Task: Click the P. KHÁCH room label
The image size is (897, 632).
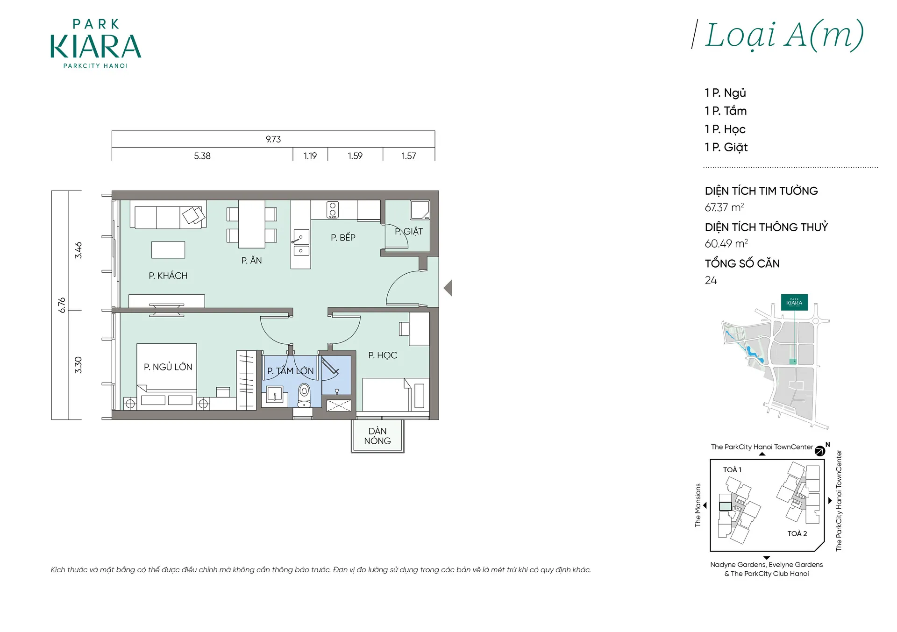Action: click(168, 276)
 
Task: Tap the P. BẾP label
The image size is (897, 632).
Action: click(343, 237)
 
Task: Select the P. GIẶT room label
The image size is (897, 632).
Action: click(409, 231)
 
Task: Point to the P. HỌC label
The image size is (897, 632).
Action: click(383, 355)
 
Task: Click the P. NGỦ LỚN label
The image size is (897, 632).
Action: click(168, 367)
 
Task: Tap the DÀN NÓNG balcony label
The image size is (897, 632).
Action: click(377, 436)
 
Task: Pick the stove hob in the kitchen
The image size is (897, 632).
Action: click(333, 210)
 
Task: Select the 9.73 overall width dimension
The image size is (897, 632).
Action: click(273, 139)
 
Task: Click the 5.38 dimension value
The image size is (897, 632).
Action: click(202, 156)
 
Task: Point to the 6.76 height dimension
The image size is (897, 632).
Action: click(62, 305)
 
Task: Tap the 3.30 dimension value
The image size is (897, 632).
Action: click(78, 365)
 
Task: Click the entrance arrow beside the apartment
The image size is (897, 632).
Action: click(448, 288)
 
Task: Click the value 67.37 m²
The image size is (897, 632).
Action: click(724, 207)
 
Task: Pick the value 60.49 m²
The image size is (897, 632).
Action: click(726, 243)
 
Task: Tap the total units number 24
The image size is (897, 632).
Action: click(711, 280)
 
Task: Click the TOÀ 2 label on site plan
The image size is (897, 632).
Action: click(797, 533)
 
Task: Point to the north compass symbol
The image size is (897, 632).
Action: click(820, 451)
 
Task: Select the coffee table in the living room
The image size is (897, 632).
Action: click(168, 250)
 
